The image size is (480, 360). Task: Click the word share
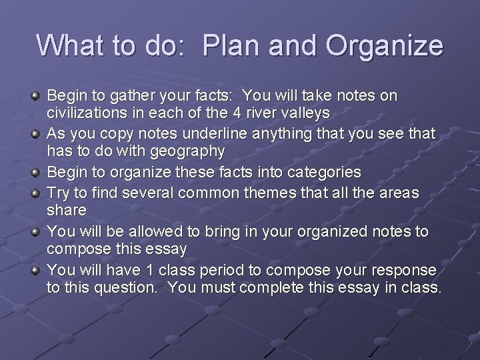coord(67,210)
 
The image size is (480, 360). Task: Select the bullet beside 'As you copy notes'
coord(36,134)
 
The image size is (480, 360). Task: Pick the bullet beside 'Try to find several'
coord(36,193)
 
